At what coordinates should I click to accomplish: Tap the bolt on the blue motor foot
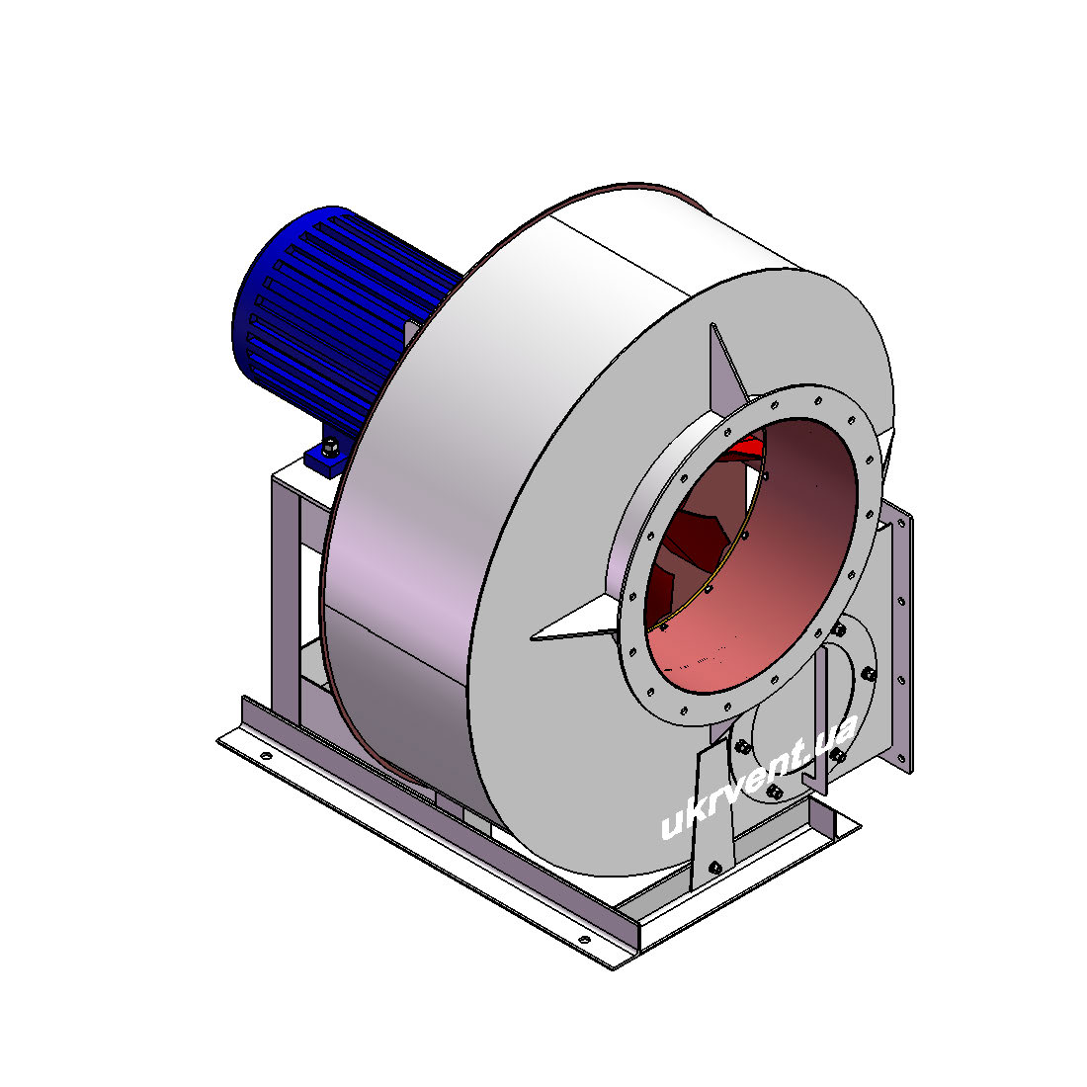331,446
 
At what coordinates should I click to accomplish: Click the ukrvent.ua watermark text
758,777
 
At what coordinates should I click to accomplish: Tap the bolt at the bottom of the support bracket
714,867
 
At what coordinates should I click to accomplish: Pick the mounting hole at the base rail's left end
266,755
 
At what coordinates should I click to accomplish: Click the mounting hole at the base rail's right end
584,940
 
